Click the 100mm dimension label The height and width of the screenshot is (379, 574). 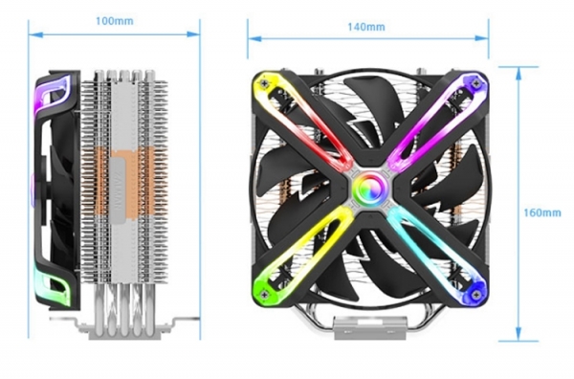[x=115, y=21]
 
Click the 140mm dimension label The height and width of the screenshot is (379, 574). [x=366, y=27]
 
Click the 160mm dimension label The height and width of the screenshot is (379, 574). [x=542, y=212]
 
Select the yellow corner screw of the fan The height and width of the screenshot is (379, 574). [x=264, y=83]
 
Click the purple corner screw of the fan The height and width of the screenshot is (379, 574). [x=475, y=83]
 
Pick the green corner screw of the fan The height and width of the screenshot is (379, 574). [x=264, y=294]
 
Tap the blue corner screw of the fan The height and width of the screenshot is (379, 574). [x=475, y=295]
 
